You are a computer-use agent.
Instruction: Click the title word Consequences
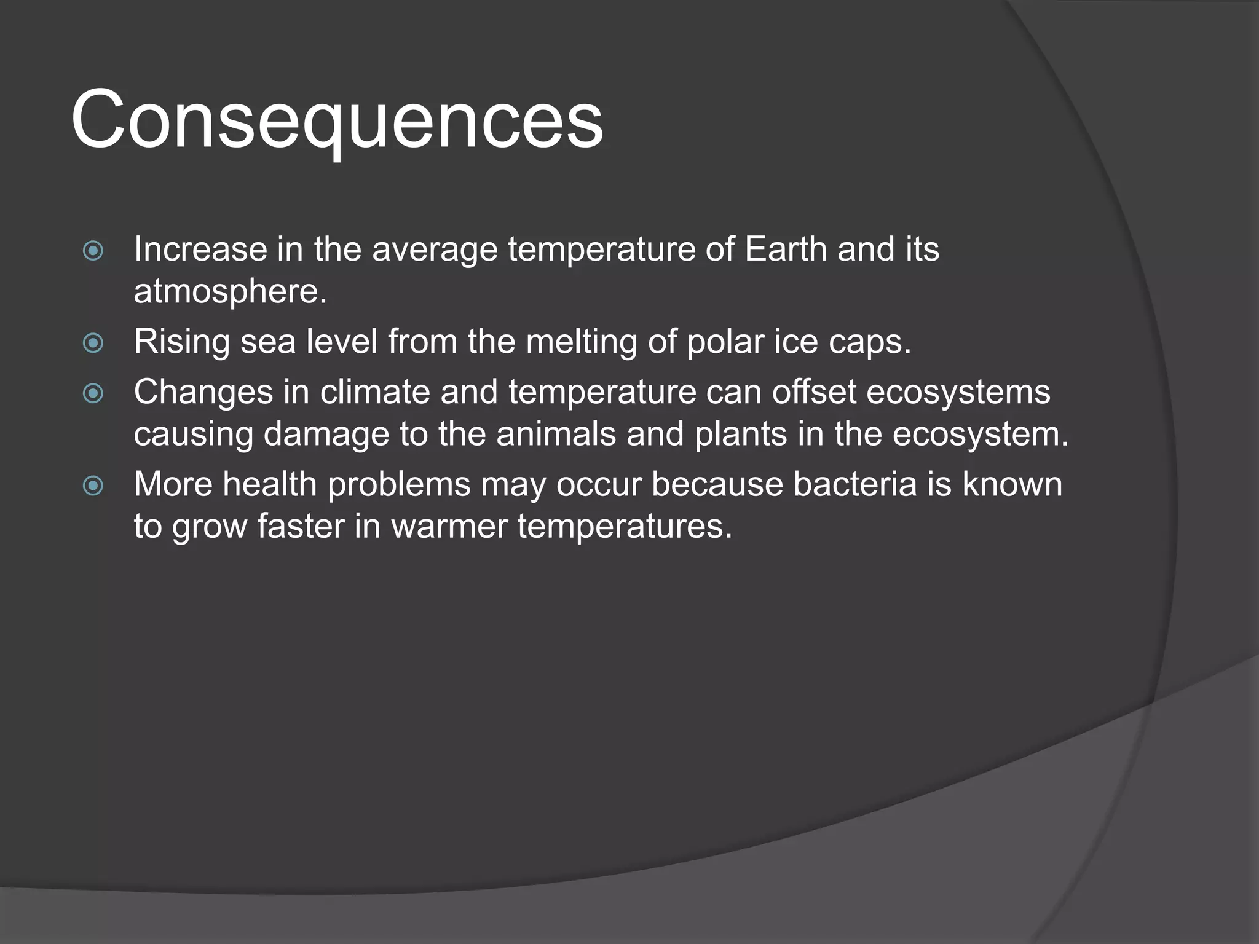coord(337,120)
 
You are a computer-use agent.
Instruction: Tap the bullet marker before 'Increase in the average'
coord(93,251)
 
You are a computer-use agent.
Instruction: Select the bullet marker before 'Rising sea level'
coord(93,343)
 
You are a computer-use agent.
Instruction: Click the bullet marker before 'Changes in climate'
coord(93,393)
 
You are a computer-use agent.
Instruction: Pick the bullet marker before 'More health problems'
coord(93,486)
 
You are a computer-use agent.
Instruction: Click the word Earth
coord(785,249)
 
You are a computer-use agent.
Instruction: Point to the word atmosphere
coord(230,291)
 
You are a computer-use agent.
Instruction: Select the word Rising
coord(181,342)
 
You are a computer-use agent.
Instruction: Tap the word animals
coord(556,434)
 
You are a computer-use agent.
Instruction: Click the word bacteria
coord(855,484)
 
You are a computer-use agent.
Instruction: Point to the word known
coord(1012,484)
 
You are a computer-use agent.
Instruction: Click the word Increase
coord(200,249)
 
